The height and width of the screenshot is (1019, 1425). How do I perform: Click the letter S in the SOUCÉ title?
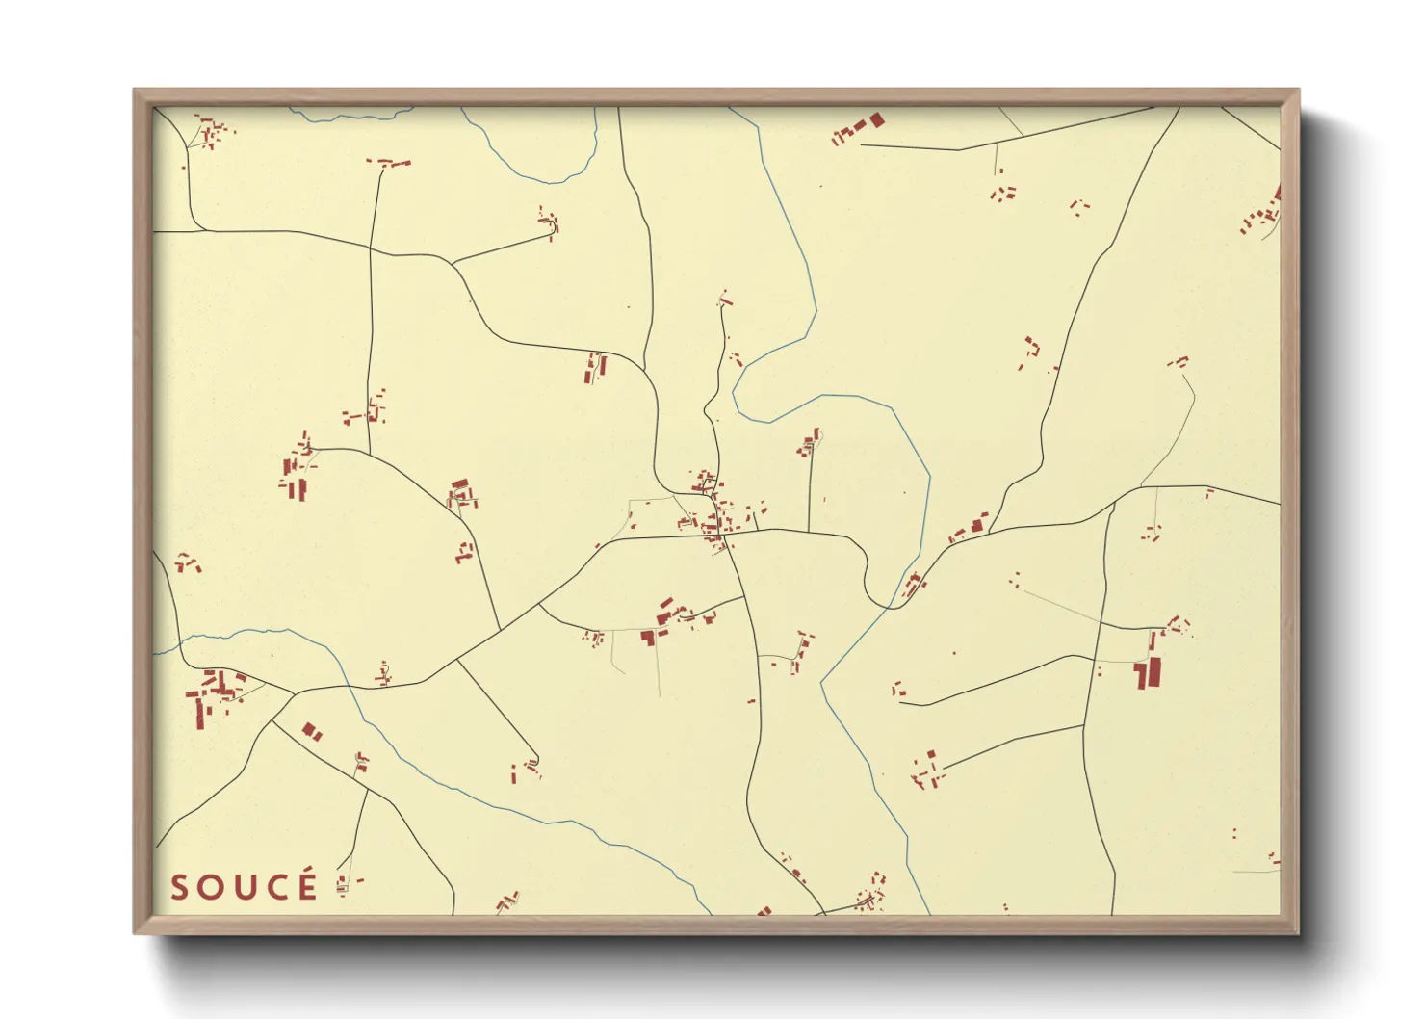click(179, 888)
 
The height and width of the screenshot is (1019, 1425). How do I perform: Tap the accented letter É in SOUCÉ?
click(307, 885)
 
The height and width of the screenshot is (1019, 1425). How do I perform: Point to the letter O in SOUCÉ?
click(211, 888)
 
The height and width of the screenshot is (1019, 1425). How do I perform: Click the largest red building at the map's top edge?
click(875, 120)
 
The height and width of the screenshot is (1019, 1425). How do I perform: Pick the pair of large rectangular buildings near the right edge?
click(1148, 672)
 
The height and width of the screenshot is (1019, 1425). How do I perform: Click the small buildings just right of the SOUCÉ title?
click(345, 884)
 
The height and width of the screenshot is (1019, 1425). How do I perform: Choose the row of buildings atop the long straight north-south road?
click(388, 163)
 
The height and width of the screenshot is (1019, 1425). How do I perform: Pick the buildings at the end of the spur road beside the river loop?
click(550, 222)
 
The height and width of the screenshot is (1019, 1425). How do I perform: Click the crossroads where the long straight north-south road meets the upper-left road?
click(371, 249)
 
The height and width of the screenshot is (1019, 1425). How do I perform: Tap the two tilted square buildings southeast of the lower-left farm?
click(311, 732)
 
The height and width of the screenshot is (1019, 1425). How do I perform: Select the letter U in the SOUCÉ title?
click(244, 888)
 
